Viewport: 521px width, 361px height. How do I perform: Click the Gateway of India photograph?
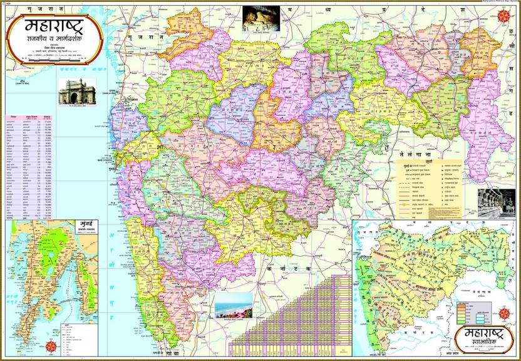(73, 92)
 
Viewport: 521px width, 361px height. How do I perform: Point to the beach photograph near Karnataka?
(233, 305)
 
